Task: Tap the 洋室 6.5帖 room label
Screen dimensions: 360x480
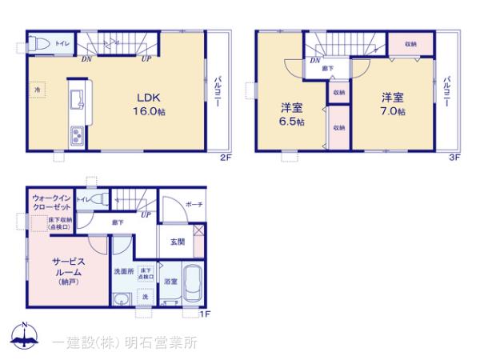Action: click(x=291, y=114)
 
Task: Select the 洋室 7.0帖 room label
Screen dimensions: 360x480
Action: click(x=392, y=104)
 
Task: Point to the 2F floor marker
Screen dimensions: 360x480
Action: click(x=226, y=158)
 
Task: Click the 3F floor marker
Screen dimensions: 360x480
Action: click(x=453, y=158)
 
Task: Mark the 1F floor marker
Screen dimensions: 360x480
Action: click(x=204, y=314)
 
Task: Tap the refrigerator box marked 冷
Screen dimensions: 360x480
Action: click(x=37, y=90)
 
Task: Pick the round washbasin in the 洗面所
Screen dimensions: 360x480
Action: click(x=120, y=301)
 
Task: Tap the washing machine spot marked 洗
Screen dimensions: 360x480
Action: click(x=146, y=298)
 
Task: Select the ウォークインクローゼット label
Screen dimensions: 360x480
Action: click(x=51, y=202)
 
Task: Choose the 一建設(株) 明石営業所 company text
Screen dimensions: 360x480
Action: click(x=124, y=342)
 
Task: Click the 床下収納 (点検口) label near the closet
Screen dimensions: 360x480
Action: click(x=60, y=223)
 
